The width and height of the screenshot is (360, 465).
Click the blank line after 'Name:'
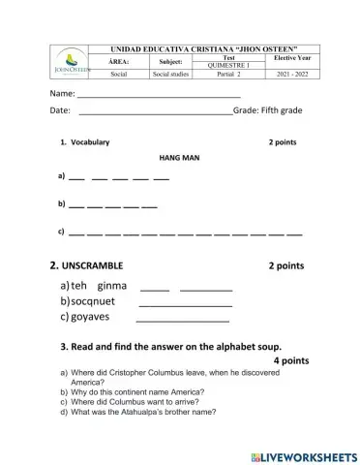pyautogui.click(x=159, y=98)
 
